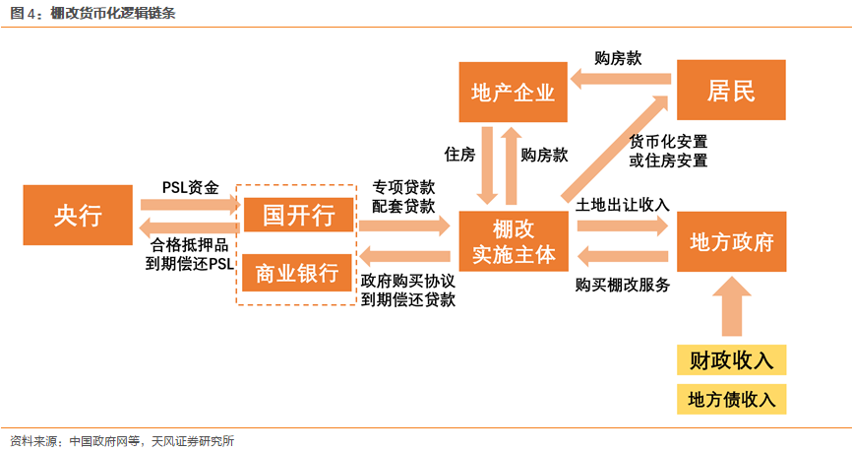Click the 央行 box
[78, 215]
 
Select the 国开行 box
[297, 215]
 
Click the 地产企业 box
[513, 93]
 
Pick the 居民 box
[731, 93]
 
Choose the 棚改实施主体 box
[513, 241]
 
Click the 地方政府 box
[731, 241]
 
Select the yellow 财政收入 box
[731, 360]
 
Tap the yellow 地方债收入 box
[731, 399]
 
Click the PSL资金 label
[190, 186]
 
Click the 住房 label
[459, 155]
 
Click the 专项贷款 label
[403, 186]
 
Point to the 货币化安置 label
[669, 140]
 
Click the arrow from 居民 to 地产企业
[623, 84]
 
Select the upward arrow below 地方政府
[731, 306]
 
